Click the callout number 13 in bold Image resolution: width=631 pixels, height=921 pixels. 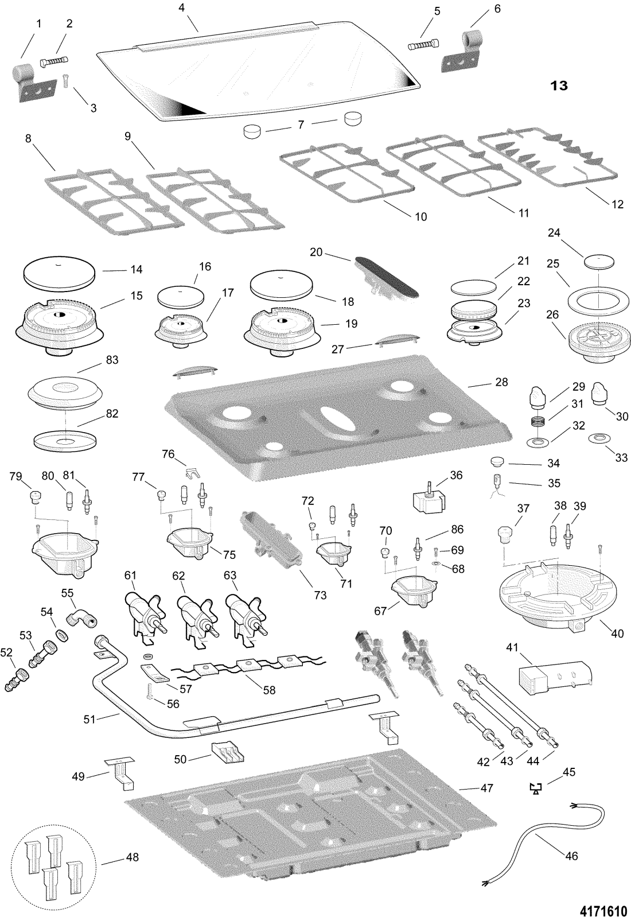pos(559,86)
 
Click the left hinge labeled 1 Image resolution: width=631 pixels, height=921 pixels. pos(29,83)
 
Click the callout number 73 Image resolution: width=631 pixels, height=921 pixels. pos(320,596)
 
